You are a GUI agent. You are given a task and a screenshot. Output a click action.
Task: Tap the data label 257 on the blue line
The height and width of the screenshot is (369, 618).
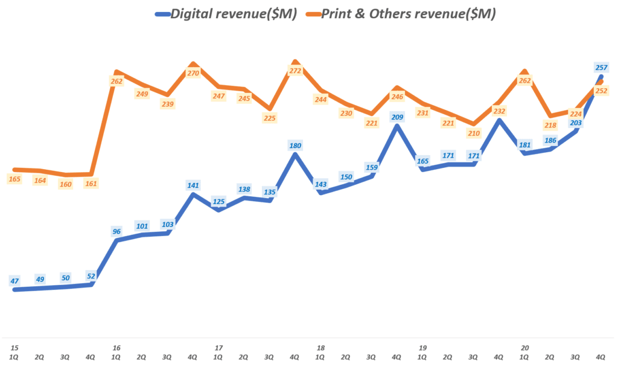600,67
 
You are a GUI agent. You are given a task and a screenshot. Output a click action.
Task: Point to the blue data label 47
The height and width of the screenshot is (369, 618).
14,280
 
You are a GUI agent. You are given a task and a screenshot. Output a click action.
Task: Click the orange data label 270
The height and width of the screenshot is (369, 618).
193,73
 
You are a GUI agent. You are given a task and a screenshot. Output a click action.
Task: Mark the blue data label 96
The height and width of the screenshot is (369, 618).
116,230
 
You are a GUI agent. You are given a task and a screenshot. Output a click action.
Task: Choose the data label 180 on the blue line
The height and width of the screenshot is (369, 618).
295,145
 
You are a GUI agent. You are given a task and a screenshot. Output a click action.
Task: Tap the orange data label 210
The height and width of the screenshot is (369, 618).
474,133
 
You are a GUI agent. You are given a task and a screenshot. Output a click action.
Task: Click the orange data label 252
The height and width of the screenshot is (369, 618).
601,91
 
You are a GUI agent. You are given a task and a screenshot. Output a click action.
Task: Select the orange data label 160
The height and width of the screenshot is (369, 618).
65,184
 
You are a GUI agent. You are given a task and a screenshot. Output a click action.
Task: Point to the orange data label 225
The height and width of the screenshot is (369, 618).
270,118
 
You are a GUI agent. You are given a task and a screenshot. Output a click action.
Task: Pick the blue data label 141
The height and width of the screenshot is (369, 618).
193,185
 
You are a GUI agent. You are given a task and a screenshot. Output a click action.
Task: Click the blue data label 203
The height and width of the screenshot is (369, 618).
576,123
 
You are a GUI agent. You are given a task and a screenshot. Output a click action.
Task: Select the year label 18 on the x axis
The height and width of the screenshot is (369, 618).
320,348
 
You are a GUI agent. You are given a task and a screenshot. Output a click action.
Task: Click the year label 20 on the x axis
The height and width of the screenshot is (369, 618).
525,348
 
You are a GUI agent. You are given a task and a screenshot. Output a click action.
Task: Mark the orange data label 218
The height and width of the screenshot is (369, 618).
550,125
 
